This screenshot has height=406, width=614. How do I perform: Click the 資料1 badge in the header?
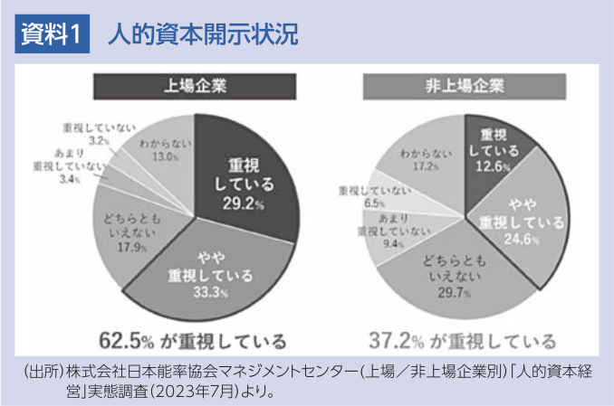(x=53, y=35)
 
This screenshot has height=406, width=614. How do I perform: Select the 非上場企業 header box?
(x=465, y=87)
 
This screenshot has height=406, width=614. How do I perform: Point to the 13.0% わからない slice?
(x=163, y=150)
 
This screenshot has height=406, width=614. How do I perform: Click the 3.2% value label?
(x=100, y=141)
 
